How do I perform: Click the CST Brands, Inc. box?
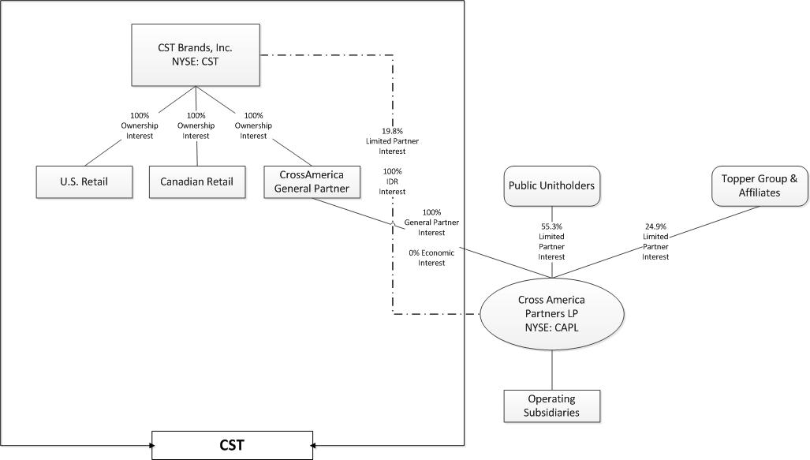(196, 54)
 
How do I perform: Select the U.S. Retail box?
(84, 182)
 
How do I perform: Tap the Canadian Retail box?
(196, 182)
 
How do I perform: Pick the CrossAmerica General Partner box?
(312, 181)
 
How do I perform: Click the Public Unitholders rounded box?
(551, 186)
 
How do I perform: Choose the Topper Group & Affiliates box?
(759, 185)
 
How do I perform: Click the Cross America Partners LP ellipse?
(551, 313)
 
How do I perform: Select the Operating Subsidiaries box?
(551, 406)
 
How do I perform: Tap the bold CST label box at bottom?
(232, 445)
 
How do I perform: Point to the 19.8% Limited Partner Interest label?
(393, 140)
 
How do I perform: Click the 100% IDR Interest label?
(393, 181)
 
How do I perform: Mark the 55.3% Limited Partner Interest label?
(551, 241)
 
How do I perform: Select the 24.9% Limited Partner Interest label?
(655, 241)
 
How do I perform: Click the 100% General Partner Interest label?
(431, 223)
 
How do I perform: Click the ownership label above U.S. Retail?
(140, 125)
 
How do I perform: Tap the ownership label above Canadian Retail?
(196, 125)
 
